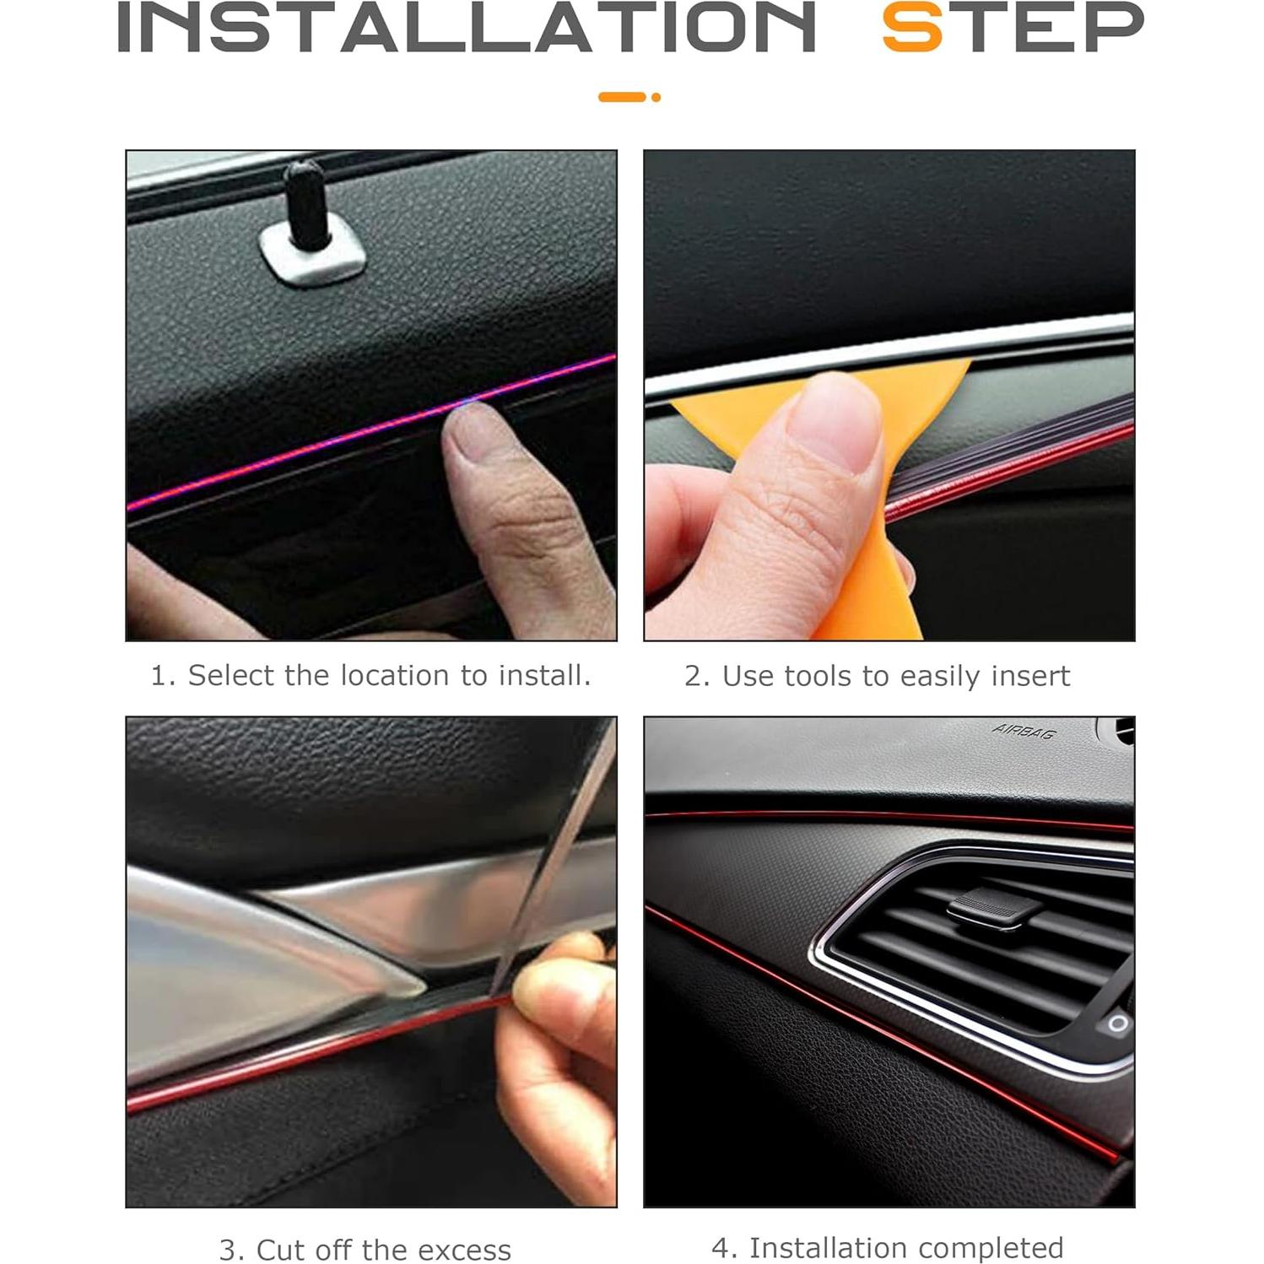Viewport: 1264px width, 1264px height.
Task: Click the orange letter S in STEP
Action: [x=911, y=28]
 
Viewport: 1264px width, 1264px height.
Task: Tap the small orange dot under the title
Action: [x=656, y=97]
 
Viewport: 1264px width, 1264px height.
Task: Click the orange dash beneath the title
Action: [x=622, y=97]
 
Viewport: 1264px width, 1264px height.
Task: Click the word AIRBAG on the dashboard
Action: [x=1024, y=731]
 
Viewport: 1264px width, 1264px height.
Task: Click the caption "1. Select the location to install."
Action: [x=370, y=675]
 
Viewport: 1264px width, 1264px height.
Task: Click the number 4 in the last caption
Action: [x=720, y=1247]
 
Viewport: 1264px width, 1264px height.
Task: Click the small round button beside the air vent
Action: [x=1118, y=1024]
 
